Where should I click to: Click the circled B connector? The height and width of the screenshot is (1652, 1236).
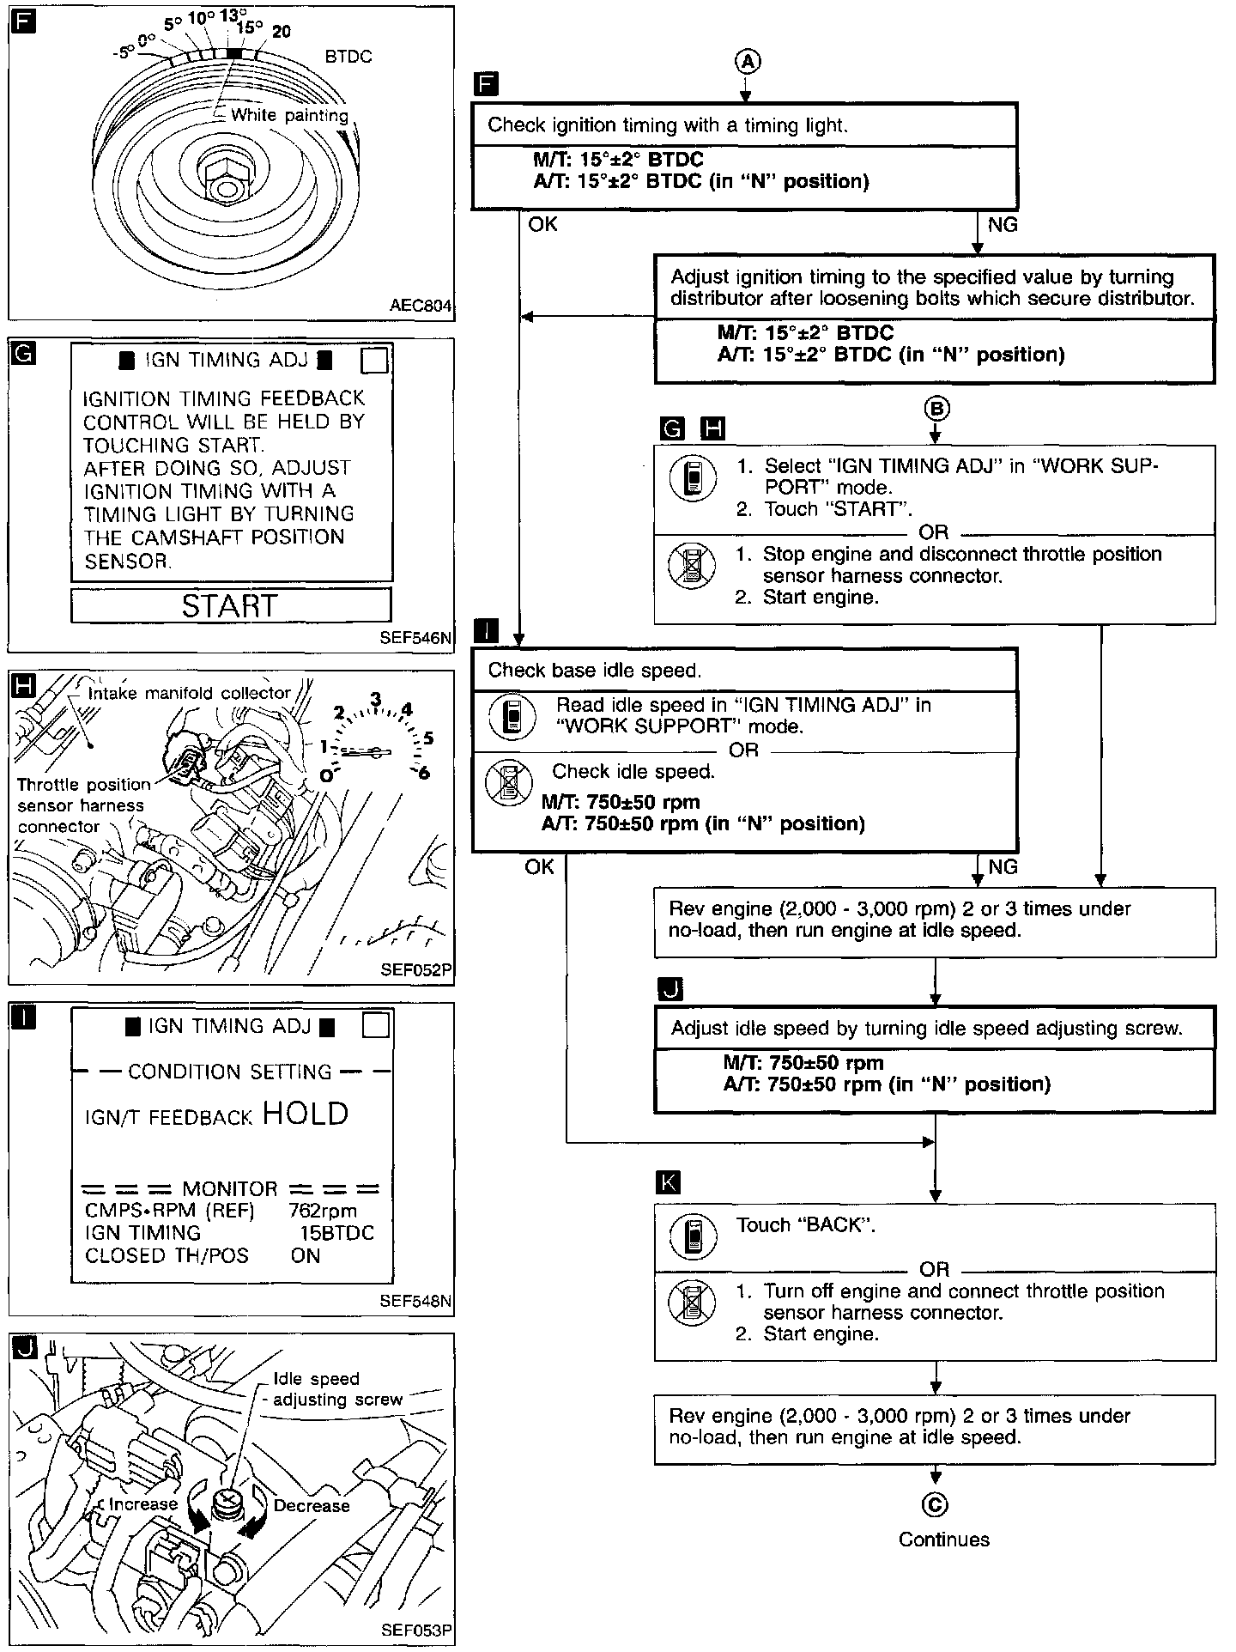[936, 409]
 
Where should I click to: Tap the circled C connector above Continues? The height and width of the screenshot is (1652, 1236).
[936, 1505]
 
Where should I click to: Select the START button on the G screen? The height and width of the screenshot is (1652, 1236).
[230, 606]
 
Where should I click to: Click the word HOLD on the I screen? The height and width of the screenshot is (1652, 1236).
[306, 1114]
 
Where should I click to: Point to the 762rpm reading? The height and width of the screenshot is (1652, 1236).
[323, 1211]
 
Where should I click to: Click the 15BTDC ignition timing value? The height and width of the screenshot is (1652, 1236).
[336, 1233]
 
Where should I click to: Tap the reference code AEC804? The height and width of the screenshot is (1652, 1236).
[420, 306]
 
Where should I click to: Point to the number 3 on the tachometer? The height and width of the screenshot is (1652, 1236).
[375, 699]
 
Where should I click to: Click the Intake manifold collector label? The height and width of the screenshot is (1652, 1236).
[190, 693]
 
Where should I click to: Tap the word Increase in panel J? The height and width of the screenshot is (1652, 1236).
[142, 1504]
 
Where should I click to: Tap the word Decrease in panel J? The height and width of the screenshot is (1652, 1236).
[312, 1505]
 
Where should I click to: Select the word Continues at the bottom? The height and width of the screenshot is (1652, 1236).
[943, 1540]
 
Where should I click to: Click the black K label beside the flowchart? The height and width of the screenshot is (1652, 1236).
[667, 1182]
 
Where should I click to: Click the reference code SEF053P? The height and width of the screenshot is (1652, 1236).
[415, 1631]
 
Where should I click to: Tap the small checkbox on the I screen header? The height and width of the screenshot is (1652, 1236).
[376, 1026]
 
